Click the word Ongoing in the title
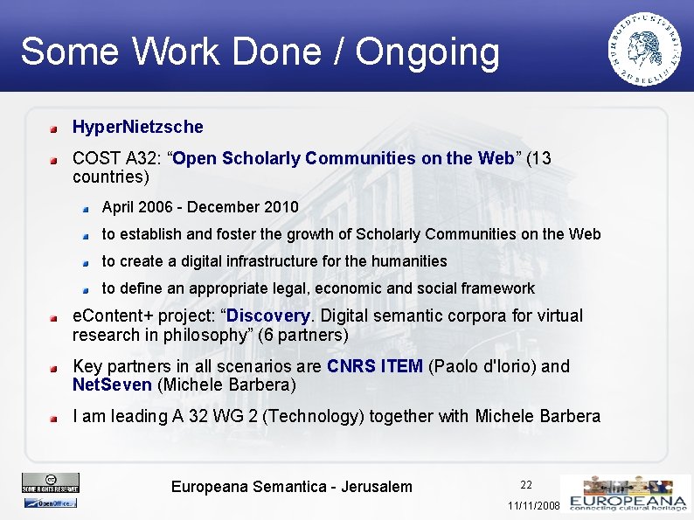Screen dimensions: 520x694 click(427, 52)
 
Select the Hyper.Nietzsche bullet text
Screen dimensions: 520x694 click(137, 127)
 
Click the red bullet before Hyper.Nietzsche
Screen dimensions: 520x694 click(54, 128)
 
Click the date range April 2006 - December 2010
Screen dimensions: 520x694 click(200, 207)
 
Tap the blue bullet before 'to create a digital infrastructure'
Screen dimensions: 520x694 click(87, 262)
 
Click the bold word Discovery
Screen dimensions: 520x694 click(267, 315)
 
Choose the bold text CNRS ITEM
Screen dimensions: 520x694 click(374, 366)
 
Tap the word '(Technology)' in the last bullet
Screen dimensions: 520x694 click(318, 416)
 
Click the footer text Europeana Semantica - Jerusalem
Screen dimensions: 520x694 click(291, 487)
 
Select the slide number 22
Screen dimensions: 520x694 click(526, 485)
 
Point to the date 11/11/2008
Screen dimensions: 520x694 click(533, 506)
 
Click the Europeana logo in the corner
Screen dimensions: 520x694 click(626, 495)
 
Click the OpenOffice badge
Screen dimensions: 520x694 click(50, 503)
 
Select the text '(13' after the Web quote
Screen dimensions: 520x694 click(539, 158)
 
